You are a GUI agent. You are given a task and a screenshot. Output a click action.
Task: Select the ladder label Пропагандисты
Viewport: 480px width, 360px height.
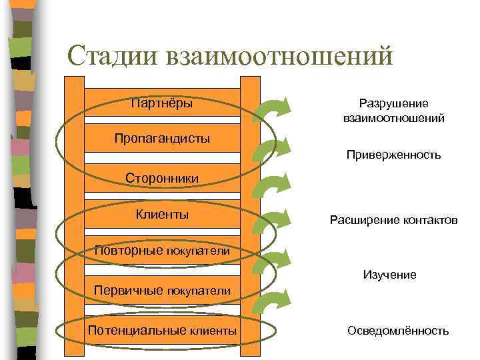162,139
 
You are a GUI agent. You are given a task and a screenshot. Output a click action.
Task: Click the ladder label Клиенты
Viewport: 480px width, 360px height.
162,214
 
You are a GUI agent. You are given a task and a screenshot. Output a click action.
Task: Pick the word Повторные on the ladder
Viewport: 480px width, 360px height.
128,251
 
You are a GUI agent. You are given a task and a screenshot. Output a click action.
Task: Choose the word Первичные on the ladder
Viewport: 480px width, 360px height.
127,291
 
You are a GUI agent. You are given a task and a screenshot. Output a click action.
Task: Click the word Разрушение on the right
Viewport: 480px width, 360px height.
393,104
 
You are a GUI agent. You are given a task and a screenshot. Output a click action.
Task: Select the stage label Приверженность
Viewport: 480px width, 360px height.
393,155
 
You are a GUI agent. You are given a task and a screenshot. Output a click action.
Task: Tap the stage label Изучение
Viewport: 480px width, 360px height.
389,274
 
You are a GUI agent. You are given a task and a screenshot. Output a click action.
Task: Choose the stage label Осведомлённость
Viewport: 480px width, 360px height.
398,331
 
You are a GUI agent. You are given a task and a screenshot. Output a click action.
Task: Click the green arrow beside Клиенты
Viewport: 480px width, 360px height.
273,227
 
